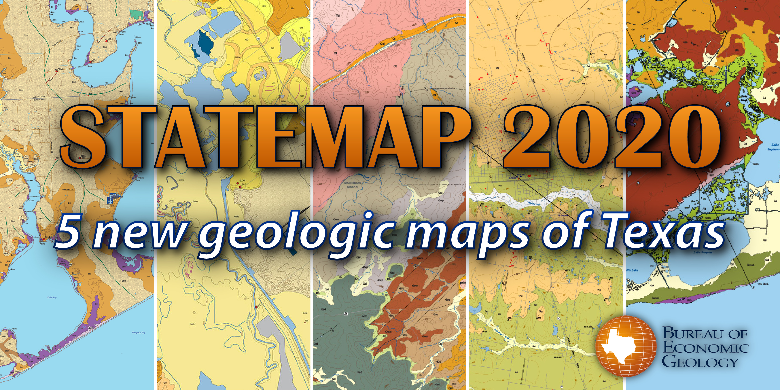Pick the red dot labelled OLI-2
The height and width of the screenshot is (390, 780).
(90, 61)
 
